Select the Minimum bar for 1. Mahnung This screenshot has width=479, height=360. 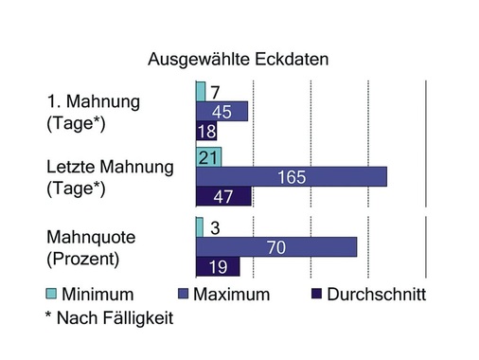200,91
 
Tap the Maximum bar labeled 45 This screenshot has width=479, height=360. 222,111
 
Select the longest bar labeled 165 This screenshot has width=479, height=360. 291,176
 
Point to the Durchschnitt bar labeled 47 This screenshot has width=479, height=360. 222,196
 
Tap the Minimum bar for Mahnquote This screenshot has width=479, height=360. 199,227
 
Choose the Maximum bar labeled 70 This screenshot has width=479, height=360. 275,246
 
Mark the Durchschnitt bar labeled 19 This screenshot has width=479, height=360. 210,266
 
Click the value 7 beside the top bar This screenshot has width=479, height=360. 215,92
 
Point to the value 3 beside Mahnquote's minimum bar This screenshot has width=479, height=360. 215,227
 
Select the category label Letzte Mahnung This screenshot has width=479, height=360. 110,167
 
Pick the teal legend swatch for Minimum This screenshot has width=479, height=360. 53,294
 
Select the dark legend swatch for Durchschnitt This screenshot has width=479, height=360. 316,294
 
